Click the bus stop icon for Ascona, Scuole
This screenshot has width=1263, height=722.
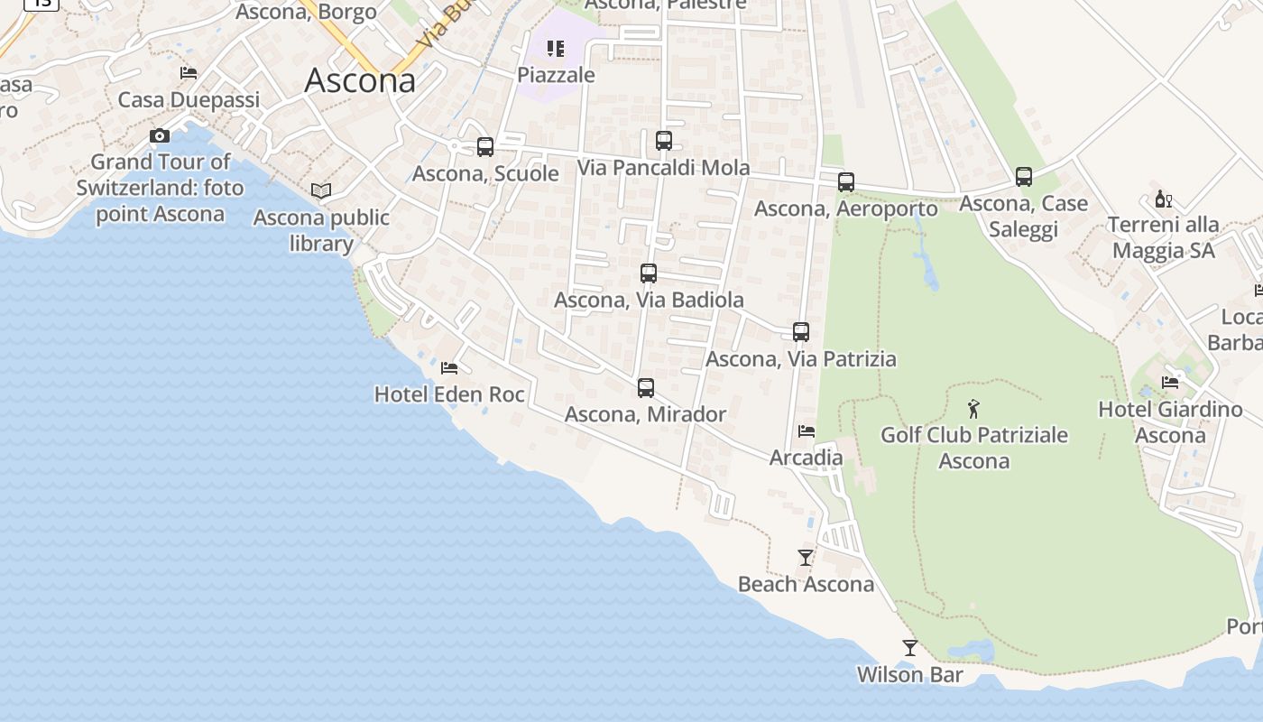coord(485,146)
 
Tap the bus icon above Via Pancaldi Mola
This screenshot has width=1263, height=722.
coord(664,141)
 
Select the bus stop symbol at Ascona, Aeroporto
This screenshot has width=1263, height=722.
coord(846,182)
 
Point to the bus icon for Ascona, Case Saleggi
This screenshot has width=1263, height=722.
coord(1024,177)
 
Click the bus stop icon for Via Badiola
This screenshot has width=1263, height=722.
coord(649,273)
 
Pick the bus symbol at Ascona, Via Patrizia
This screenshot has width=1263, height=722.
coord(801,332)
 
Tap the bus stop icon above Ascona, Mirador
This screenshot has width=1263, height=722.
coord(646,388)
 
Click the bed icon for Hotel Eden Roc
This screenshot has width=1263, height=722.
coord(449,368)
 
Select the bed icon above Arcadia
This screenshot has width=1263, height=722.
coord(807,431)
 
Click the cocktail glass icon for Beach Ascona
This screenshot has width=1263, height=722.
coord(806,558)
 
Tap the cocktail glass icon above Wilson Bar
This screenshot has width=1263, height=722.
coord(910,648)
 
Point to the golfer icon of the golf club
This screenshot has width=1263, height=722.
coord(973,409)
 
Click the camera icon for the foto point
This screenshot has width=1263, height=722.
coord(160,136)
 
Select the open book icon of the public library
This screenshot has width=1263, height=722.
coord(321,190)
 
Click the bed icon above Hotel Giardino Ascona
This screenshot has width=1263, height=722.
coord(1170,383)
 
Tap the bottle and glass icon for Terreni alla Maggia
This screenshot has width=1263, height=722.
coord(1164,199)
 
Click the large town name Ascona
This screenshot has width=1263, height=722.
coord(360,80)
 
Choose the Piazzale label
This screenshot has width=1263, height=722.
coord(557,75)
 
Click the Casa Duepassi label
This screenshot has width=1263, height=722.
coord(189,99)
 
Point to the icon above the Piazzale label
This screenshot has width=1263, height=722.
coord(556,49)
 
